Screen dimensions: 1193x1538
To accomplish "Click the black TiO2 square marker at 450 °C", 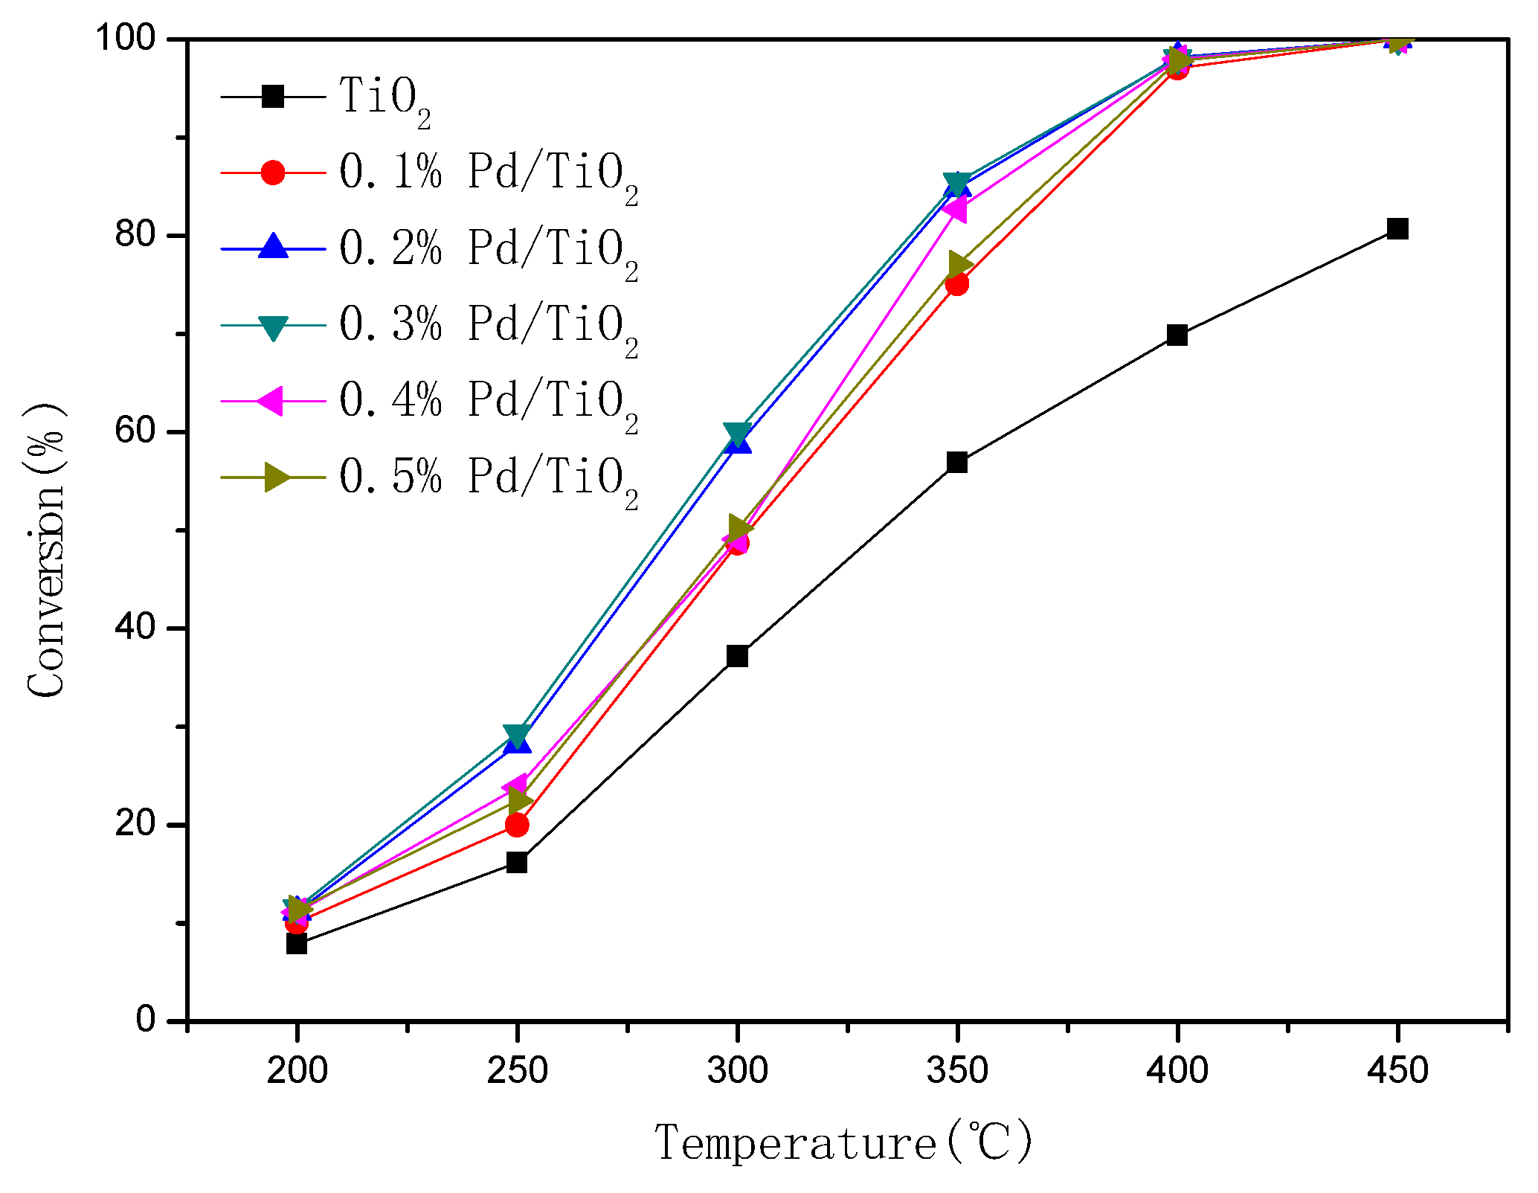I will coord(1397,228).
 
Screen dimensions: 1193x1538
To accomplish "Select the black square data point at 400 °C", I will coord(1177,335).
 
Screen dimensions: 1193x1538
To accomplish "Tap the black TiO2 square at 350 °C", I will coord(957,462).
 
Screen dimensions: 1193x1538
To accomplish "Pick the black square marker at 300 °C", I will coord(737,655).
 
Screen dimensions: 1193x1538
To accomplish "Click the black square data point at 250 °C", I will coord(517,862).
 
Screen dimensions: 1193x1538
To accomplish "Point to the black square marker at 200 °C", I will coord(297,943).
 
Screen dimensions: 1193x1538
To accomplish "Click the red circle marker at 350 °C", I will coord(957,284).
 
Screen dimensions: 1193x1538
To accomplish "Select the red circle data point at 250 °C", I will coord(517,825).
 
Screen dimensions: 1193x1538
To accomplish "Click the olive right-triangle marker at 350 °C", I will coord(960,264).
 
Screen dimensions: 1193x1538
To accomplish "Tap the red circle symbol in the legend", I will coord(273,173).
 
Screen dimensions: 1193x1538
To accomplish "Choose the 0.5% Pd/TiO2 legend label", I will coord(488,478).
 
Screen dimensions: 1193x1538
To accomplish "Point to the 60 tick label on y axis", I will coord(135,431).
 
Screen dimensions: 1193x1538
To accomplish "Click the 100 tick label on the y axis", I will coord(125,38).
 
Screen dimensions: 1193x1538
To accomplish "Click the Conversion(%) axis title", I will coord(46,550).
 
